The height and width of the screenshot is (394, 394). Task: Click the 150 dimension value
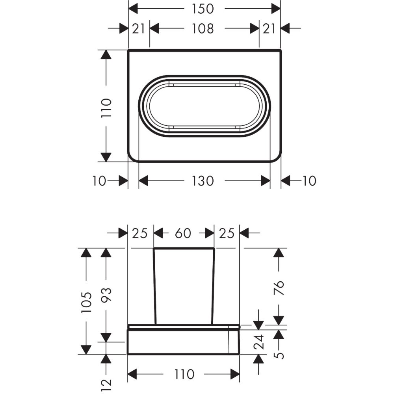(203, 9)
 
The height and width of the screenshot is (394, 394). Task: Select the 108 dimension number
(203, 28)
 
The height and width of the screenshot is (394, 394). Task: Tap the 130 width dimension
(203, 181)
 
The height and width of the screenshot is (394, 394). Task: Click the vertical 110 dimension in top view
(106, 108)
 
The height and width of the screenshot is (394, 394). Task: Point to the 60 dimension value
(183, 233)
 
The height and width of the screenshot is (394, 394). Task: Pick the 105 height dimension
(86, 303)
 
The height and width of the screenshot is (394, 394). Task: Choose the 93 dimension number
(106, 294)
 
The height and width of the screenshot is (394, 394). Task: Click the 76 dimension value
(279, 288)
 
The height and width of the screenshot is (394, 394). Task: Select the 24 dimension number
(258, 342)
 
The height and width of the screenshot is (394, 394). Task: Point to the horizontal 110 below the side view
(184, 374)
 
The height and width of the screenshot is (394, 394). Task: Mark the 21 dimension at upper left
(138, 29)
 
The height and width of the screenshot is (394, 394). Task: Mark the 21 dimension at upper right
(269, 29)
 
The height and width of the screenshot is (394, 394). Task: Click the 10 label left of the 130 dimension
(99, 181)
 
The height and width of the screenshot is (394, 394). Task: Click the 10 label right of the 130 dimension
(309, 181)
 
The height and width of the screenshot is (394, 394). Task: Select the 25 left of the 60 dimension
(140, 233)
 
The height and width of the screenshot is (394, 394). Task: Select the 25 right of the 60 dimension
(227, 233)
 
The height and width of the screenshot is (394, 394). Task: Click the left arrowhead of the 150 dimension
(133, 9)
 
